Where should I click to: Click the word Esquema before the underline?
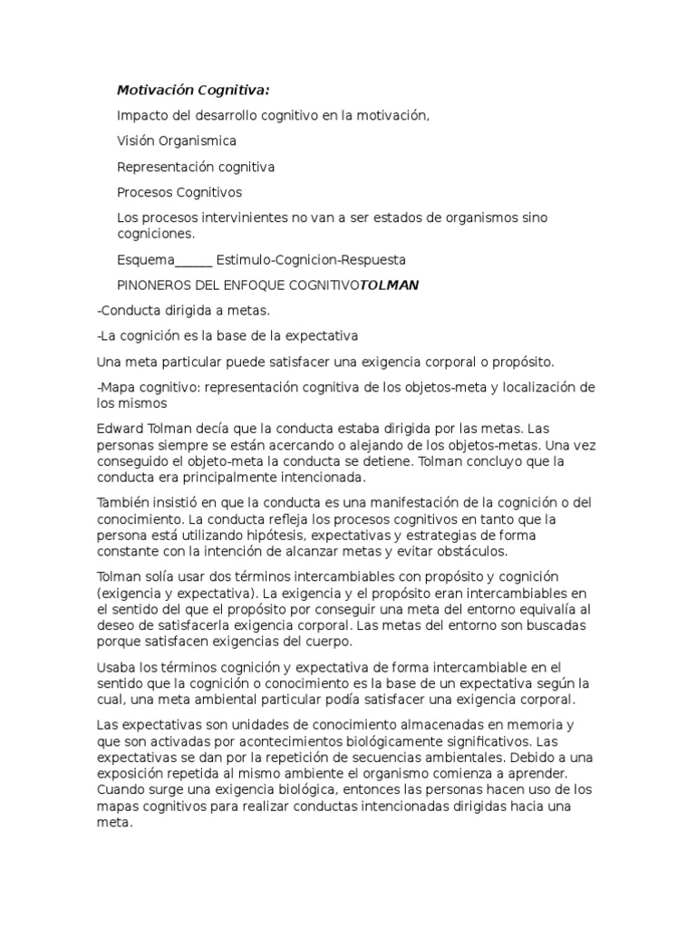(146, 260)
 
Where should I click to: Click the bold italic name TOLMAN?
(390, 285)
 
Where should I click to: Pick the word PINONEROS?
(155, 285)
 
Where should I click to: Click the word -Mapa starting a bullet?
(115, 388)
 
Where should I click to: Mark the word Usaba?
(116, 668)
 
